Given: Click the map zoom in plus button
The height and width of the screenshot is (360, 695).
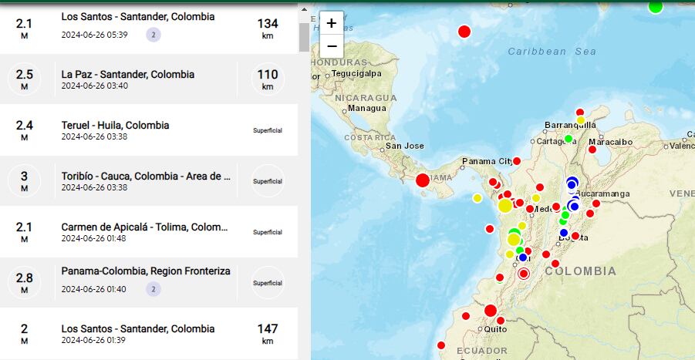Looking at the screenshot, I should [331, 23].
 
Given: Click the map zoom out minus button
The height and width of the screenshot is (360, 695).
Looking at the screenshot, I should [331, 45].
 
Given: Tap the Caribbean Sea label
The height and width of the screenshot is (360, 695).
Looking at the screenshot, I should [552, 52].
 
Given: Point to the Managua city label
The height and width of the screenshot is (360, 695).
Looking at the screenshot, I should [366, 108].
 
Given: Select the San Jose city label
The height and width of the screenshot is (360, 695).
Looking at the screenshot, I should [404, 146].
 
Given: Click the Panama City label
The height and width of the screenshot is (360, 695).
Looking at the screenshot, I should [487, 161].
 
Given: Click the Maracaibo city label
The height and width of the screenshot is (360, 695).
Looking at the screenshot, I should [610, 142].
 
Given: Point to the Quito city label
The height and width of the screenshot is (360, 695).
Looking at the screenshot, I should [495, 329].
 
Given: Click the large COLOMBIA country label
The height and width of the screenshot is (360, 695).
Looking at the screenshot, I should [581, 271].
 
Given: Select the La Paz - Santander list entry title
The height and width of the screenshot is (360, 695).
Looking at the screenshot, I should [127, 75].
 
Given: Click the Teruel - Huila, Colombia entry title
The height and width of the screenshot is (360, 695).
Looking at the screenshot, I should [115, 125].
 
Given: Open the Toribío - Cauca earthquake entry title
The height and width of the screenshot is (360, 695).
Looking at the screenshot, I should [146, 176].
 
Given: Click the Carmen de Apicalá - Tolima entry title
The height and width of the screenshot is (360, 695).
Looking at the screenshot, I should [144, 227].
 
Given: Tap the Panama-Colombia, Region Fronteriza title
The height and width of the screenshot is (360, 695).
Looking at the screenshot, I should [145, 271].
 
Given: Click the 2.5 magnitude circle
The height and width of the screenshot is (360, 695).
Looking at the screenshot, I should [24, 79].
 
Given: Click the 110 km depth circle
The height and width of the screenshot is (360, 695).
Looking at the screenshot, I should [267, 79].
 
